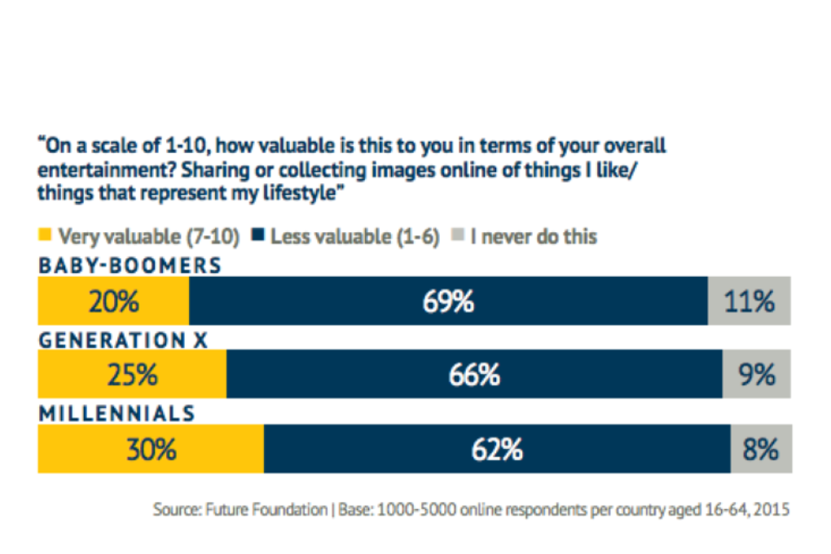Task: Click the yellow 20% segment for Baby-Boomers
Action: coord(113,301)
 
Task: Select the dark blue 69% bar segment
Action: coord(448,301)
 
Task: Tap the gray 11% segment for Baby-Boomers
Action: coord(750,301)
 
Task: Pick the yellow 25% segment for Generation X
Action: coord(132,375)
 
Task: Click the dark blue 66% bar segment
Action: coord(474,375)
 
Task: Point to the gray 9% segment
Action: coord(757,375)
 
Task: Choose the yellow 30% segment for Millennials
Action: coord(151,449)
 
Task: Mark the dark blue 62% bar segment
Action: coord(497,449)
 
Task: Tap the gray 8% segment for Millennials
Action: coord(761,449)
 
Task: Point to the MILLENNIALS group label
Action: coord(117,413)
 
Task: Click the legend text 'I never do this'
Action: coord(534,237)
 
